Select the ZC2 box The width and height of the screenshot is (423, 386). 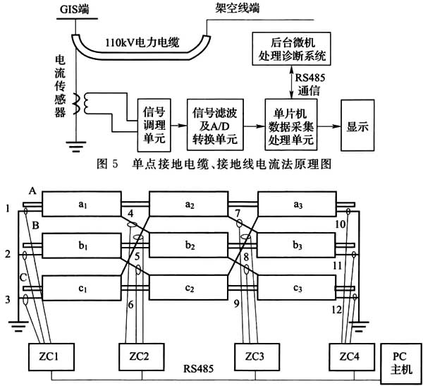(137, 357)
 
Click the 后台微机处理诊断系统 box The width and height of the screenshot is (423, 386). (290, 49)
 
